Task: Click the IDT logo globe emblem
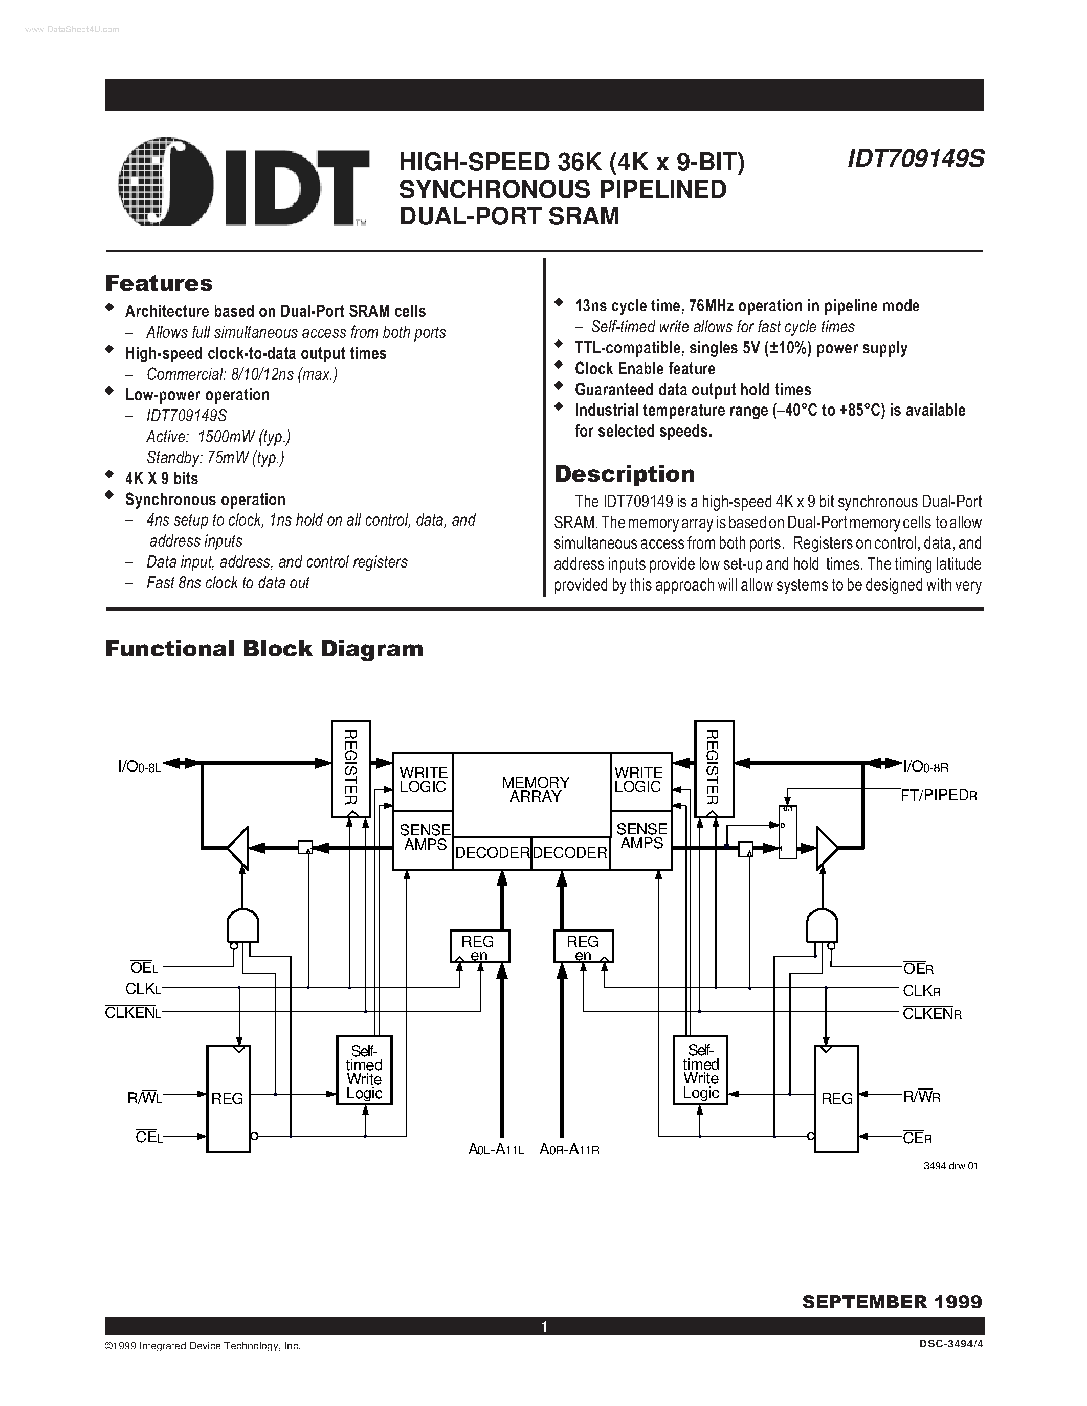click(x=167, y=182)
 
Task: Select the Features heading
click(x=159, y=283)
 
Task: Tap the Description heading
click(x=624, y=474)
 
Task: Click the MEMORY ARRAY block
click(x=535, y=789)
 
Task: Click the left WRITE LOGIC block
click(x=423, y=780)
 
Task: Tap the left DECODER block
click(x=492, y=853)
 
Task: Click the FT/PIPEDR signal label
click(x=938, y=795)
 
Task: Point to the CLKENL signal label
click(x=132, y=1013)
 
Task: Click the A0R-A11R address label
click(x=569, y=1150)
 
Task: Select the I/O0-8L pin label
click(x=139, y=767)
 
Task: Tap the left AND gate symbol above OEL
click(x=243, y=926)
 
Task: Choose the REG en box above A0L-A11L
click(x=480, y=946)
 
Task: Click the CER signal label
click(x=917, y=1138)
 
